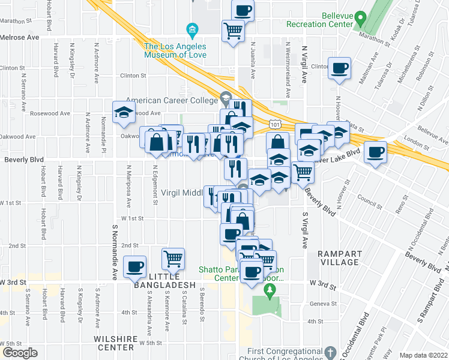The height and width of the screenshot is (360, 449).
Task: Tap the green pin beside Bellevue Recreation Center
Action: (360, 18)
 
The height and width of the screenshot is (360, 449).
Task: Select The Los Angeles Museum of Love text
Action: (175, 50)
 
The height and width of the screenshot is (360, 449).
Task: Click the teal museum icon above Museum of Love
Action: (192, 29)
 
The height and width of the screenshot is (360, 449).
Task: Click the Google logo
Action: (20, 353)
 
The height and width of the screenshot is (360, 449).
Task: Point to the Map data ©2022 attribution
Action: (423, 355)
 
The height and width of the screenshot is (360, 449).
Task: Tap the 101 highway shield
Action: (274, 124)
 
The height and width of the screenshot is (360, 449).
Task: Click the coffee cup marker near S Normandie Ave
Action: (134, 266)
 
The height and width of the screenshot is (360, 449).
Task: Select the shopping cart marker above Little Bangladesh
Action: (173, 258)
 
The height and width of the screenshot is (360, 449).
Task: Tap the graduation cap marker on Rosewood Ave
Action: (124, 112)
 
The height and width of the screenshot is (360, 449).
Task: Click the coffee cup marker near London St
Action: (375, 152)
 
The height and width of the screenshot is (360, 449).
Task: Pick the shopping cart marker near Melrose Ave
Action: (233, 31)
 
